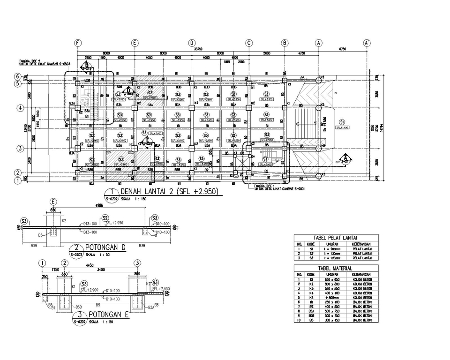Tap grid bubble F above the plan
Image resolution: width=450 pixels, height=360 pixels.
(78, 43)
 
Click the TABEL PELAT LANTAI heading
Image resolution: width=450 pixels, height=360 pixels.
(335, 238)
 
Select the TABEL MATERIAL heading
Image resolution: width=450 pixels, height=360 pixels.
(335, 268)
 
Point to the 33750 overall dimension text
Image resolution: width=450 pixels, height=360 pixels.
(198, 48)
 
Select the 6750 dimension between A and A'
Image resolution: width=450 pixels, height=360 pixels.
(342, 49)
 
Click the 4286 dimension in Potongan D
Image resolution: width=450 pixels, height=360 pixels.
(99, 205)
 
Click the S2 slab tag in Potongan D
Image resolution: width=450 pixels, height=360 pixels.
(105, 218)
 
